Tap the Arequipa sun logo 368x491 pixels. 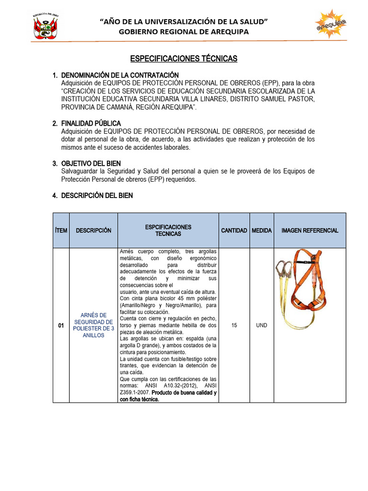pyautogui.click(x=331, y=25)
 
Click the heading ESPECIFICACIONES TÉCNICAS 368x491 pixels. pyautogui.click(x=184, y=58)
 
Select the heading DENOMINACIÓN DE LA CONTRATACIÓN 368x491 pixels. pyautogui.click(x=120, y=75)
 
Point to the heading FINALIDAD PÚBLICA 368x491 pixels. pyautogui.click(x=91, y=124)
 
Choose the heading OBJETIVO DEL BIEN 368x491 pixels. pyautogui.click(x=91, y=164)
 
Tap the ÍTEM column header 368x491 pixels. pyautogui.click(x=61, y=231)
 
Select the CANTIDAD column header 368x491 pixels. pyautogui.click(x=234, y=231)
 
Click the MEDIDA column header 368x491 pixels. pyautogui.click(x=262, y=231)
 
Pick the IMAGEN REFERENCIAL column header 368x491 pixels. pyautogui.click(x=310, y=231)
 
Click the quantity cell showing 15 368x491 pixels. pyautogui.click(x=234, y=326)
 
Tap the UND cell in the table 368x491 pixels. pyautogui.click(x=262, y=326)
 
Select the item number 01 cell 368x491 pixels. pyautogui.click(x=61, y=326)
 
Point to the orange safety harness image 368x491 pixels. pyautogui.click(x=307, y=288)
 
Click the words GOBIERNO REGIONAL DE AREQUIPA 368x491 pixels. pyautogui.click(x=184, y=32)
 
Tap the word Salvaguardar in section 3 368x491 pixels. pyautogui.click(x=82, y=172)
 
